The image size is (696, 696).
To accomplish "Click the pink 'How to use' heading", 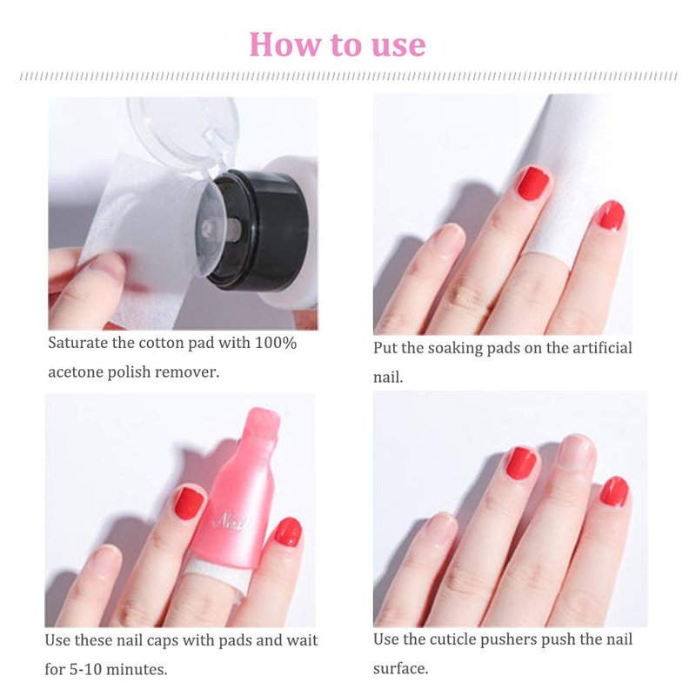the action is [338, 44].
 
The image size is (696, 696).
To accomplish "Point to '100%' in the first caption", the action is [275, 343].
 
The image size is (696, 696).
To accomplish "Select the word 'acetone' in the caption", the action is [76, 372].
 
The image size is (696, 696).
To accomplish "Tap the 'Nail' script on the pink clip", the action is [230, 520].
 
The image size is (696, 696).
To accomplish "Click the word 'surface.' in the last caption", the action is [401, 668].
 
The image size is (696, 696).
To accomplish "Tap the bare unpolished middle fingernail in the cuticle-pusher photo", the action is [576, 452].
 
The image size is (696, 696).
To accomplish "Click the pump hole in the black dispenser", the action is [234, 228].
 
